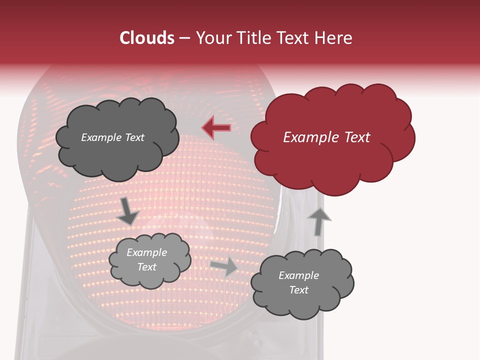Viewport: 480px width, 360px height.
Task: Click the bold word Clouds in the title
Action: point(147,38)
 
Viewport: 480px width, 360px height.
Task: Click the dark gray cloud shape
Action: point(117,150)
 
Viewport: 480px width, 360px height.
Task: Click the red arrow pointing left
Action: point(216,128)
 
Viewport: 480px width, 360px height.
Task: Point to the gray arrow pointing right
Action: point(224,266)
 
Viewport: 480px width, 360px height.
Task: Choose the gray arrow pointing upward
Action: point(318,221)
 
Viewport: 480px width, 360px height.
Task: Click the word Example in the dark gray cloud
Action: point(101,137)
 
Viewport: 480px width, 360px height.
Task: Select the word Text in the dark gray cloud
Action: point(134,137)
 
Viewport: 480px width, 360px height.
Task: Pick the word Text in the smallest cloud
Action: point(147,267)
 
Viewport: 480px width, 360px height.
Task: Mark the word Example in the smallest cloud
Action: point(147,252)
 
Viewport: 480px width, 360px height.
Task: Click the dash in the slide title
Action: point(184,38)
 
